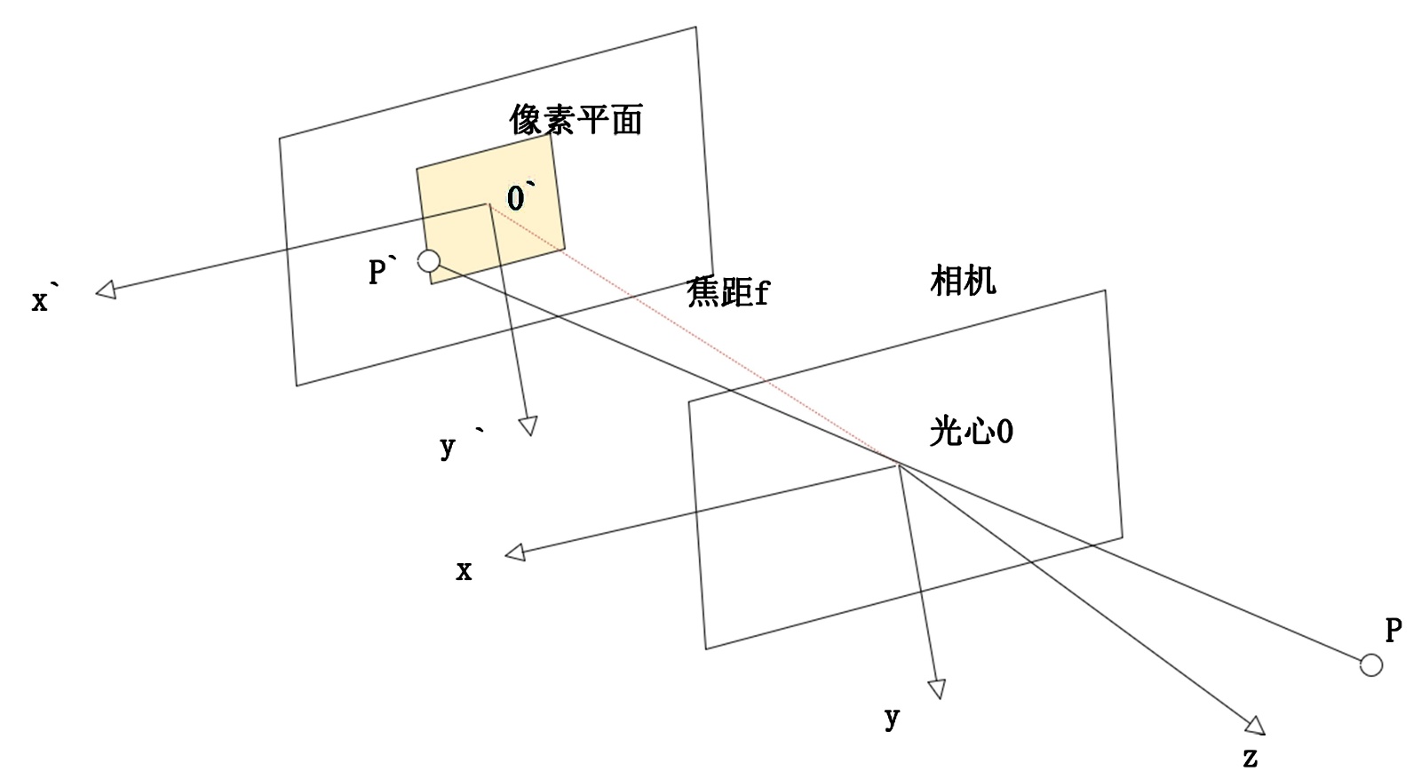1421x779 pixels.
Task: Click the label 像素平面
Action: coord(576,119)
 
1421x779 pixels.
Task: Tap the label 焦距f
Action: coord(727,291)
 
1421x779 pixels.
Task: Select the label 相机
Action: coord(963,281)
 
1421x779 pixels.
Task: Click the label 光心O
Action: coord(972,432)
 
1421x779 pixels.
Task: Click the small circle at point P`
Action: coord(429,260)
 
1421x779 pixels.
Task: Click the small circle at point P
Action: coord(1371,664)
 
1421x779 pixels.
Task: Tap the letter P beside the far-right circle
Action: coord(1393,631)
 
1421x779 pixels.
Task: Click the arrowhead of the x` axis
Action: coord(106,290)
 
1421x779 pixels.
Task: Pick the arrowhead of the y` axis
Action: coord(528,426)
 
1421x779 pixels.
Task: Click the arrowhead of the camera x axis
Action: coord(515,552)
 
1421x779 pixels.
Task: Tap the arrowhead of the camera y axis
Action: coord(937,689)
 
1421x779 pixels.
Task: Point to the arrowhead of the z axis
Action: coord(1255,726)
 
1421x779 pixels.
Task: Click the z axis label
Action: coord(1250,758)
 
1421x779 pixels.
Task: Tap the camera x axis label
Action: coord(464,571)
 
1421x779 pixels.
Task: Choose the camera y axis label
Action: coord(892,718)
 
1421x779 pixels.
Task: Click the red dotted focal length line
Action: coord(693,334)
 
